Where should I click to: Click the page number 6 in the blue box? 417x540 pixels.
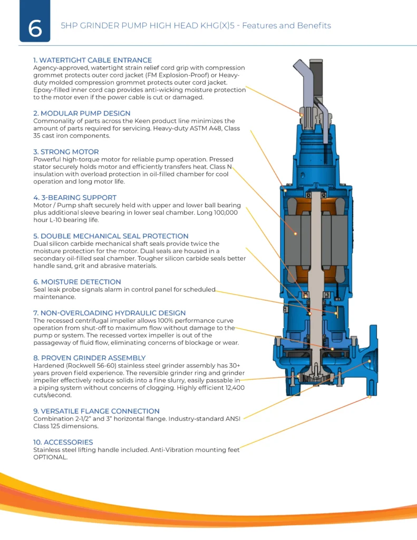(x=35, y=28)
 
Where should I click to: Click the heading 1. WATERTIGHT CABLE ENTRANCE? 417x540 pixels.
(x=92, y=60)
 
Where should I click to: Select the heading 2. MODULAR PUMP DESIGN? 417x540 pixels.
(x=82, y=113)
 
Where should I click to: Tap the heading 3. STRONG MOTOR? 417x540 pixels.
(x=66, y=152)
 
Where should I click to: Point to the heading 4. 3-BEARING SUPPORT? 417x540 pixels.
(x=74, y=197)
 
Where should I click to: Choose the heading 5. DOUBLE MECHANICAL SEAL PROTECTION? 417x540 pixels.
(x=111, y=236)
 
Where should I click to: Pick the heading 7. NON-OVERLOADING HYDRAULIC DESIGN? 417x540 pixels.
(x=109, y=313)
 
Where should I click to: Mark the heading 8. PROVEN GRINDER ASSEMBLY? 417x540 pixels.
(x=89, y=358)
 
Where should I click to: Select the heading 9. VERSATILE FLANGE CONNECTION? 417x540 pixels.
(x=96, y=411)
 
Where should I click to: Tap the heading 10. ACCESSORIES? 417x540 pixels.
(x=63, y=442)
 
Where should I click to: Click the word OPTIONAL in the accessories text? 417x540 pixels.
(x=51, y=457)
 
